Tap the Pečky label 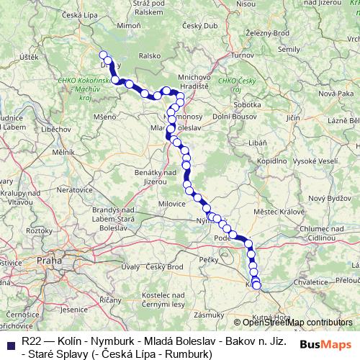point(209,258)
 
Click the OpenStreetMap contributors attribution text point(295,323)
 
